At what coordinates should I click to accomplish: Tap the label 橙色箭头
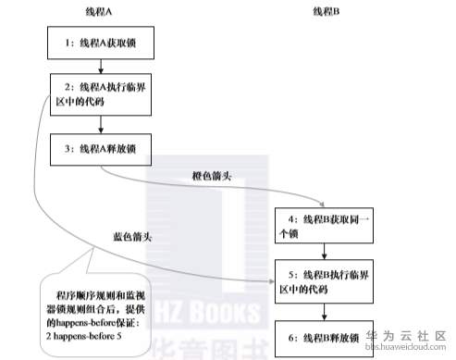[211, 174]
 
